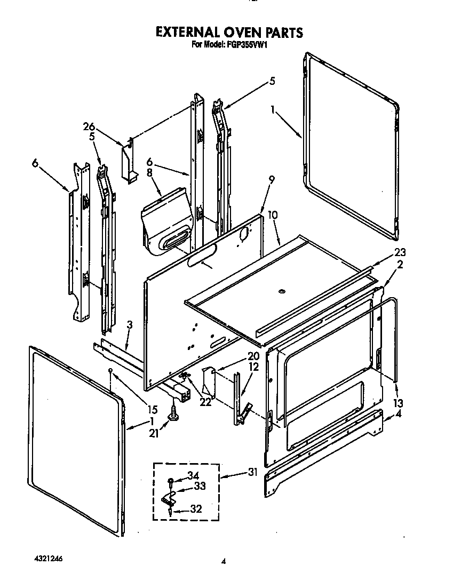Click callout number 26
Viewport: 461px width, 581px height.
click(x=89, y=126)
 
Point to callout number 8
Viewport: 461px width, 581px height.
click(x=149, y=172)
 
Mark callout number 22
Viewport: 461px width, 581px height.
click(x=204, y=402)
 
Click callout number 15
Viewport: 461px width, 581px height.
click(x=153, y=410)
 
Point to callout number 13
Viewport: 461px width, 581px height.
click(x=398, y=402)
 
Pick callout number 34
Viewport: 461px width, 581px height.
click(x=193, y=476)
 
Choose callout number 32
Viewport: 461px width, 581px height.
click(x=196, y=509)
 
